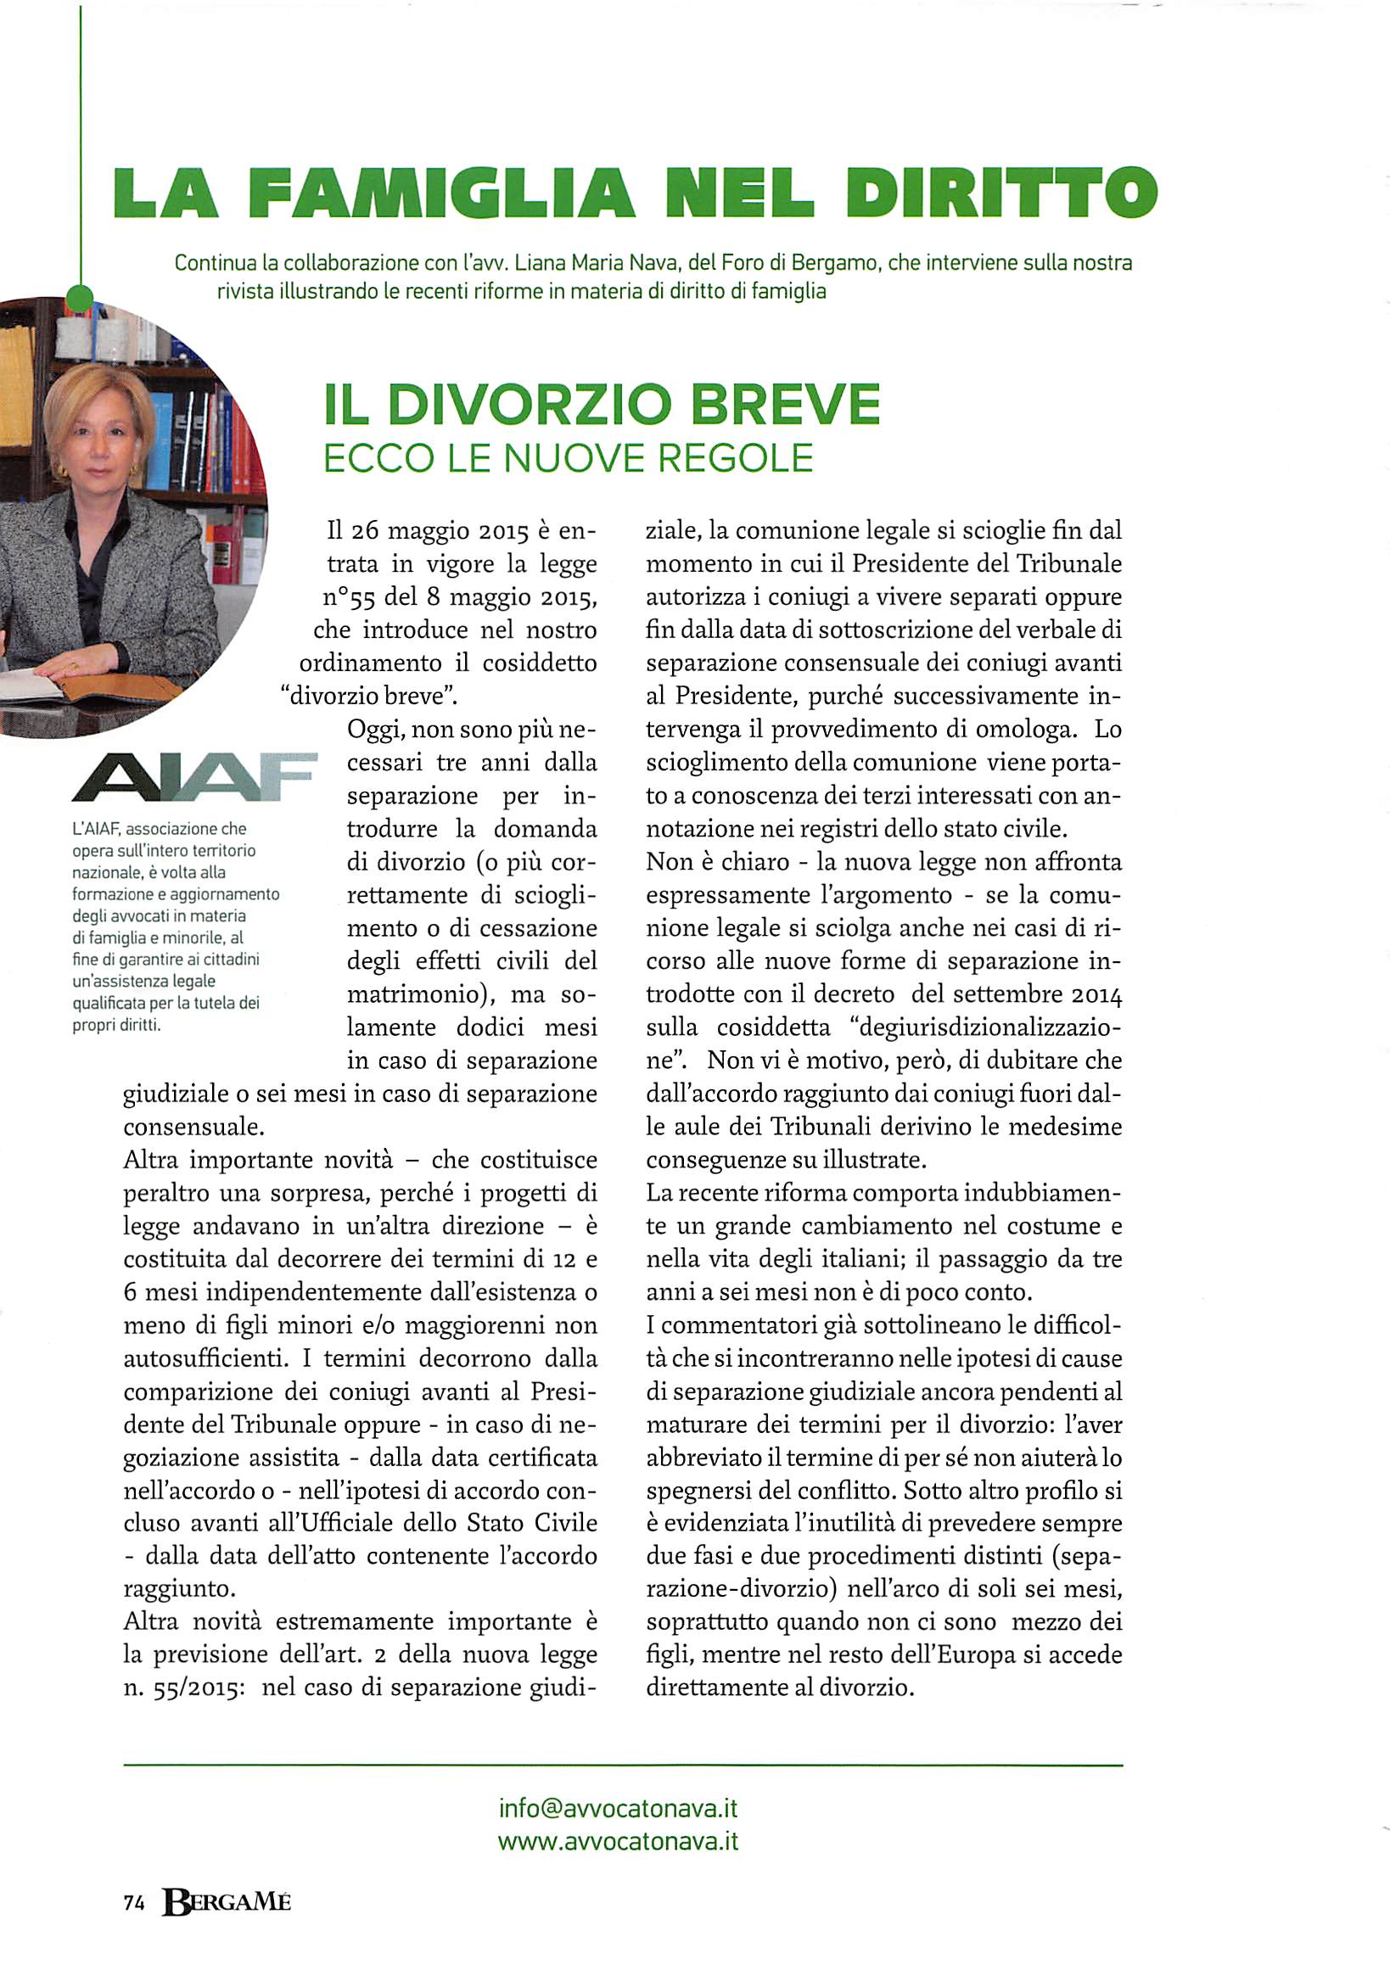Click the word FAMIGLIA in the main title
(441, 192)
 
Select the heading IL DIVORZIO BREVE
(602, 404)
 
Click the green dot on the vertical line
(80, 299)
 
